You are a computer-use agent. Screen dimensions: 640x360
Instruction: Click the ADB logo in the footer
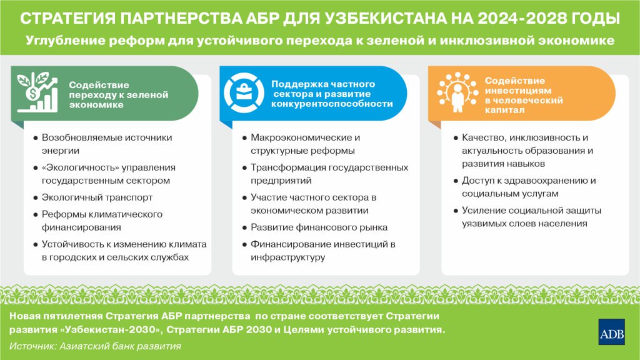(x=611, y=332)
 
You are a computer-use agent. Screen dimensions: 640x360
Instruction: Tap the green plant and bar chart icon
(x=37, y=92)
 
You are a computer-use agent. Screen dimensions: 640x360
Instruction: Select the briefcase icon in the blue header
(x=244, y=92)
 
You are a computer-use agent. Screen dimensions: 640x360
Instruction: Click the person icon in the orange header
(x=457, y=92)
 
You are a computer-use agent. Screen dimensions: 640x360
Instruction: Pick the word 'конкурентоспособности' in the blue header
(x=332, y=104)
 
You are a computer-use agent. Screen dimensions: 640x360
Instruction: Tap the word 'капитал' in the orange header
(x=504, y=110)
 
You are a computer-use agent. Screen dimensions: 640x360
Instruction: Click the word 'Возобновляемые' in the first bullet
(x=77, y=137)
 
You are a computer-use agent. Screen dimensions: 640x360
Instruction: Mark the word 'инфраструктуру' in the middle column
(x=287, y=257)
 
